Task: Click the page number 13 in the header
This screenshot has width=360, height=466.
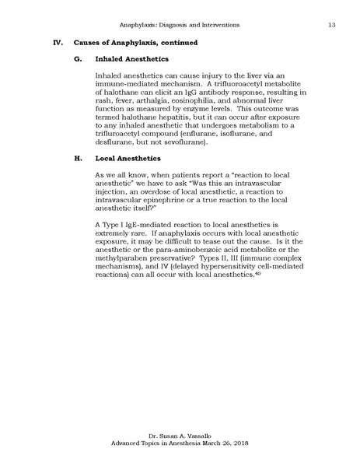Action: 331,25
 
